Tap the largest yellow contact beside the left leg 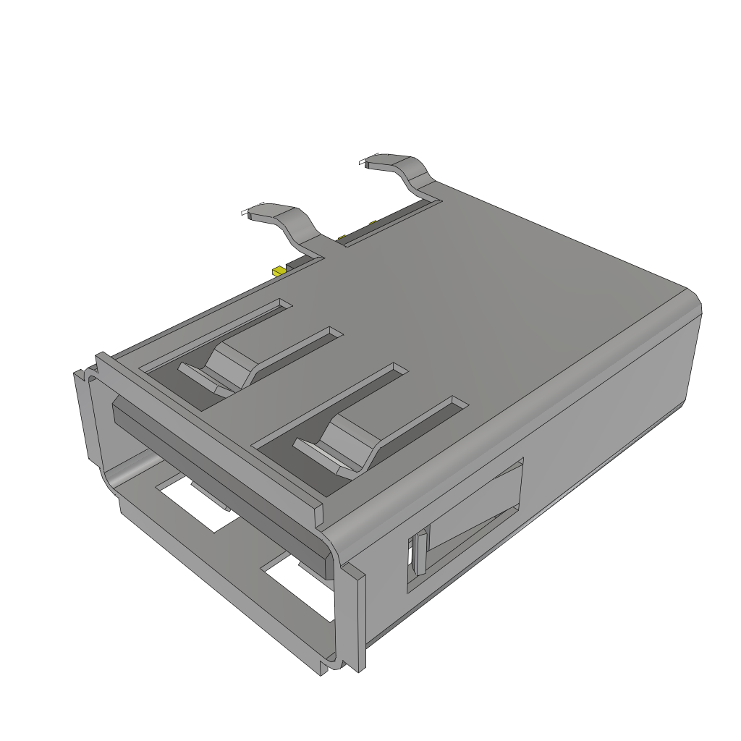[x=278, y=271]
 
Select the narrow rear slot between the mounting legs [x=391, y=221]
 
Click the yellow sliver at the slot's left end [x=340, y=237]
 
